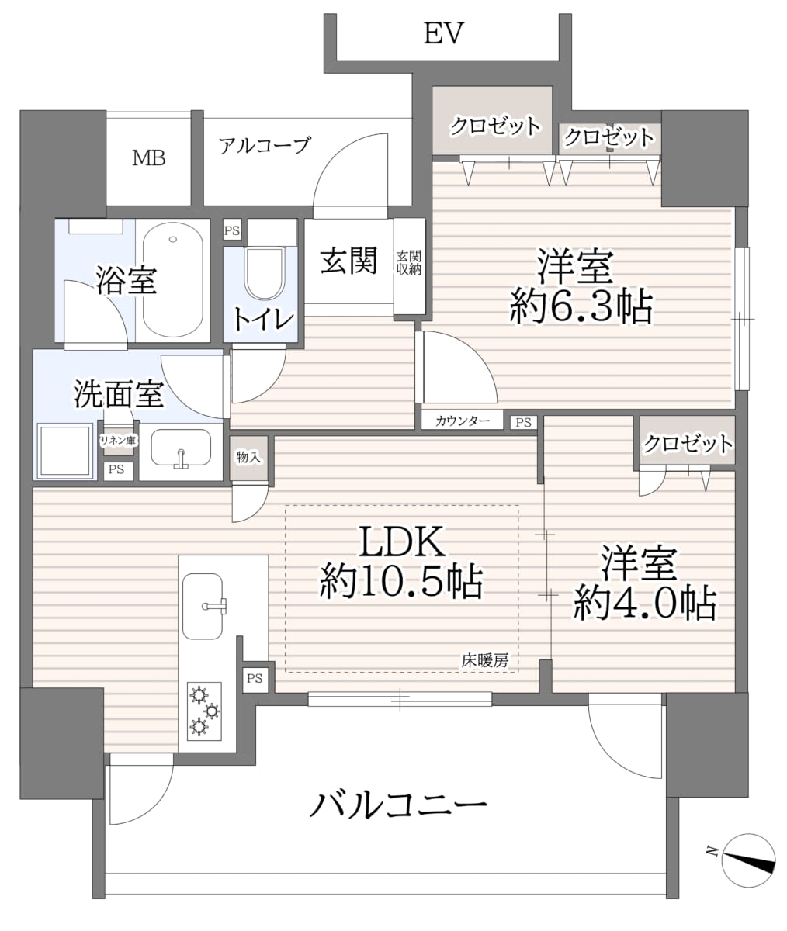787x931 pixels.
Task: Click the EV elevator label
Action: tap(443, 33)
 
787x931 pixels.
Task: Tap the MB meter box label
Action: tap(148, 157)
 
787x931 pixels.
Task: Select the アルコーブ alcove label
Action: tap(265, 145)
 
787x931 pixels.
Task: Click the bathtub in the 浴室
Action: tap(173, 280)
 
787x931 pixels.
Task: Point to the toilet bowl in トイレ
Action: tap(265, 273)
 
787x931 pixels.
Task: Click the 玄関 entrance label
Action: tap(348, 261)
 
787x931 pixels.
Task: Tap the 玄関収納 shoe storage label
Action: tap(409, 263)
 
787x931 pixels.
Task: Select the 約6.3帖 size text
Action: tap(581, 306)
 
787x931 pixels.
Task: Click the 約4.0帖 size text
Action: tap(645, 604)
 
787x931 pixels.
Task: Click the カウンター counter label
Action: tap(463, 421)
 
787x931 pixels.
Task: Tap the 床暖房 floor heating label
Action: tap(485, 661)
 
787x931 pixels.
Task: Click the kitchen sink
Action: tap(203, 606)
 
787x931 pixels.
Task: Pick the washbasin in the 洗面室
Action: tap(181, 448)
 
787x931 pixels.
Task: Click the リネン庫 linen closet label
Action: tap(118, 441)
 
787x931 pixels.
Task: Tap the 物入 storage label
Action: tap(248, 457)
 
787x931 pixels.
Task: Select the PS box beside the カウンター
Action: tap(524, 422)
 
